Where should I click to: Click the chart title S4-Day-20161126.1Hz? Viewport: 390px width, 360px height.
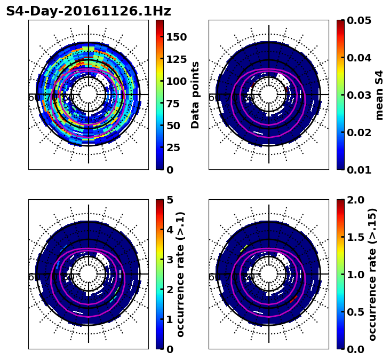(x=89, y=11)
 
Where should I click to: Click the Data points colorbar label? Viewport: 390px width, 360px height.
(x=195, y=95)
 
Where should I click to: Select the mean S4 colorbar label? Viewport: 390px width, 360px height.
(x=379, y=95)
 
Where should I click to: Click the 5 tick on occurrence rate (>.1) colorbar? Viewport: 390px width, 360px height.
(x=170, y=200)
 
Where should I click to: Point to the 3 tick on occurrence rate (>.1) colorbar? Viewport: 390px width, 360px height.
(x=170, y=260)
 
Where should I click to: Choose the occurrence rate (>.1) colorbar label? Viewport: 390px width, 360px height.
(x=180, y=275)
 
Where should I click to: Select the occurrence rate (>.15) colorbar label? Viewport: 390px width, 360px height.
(x=372, y=275)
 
